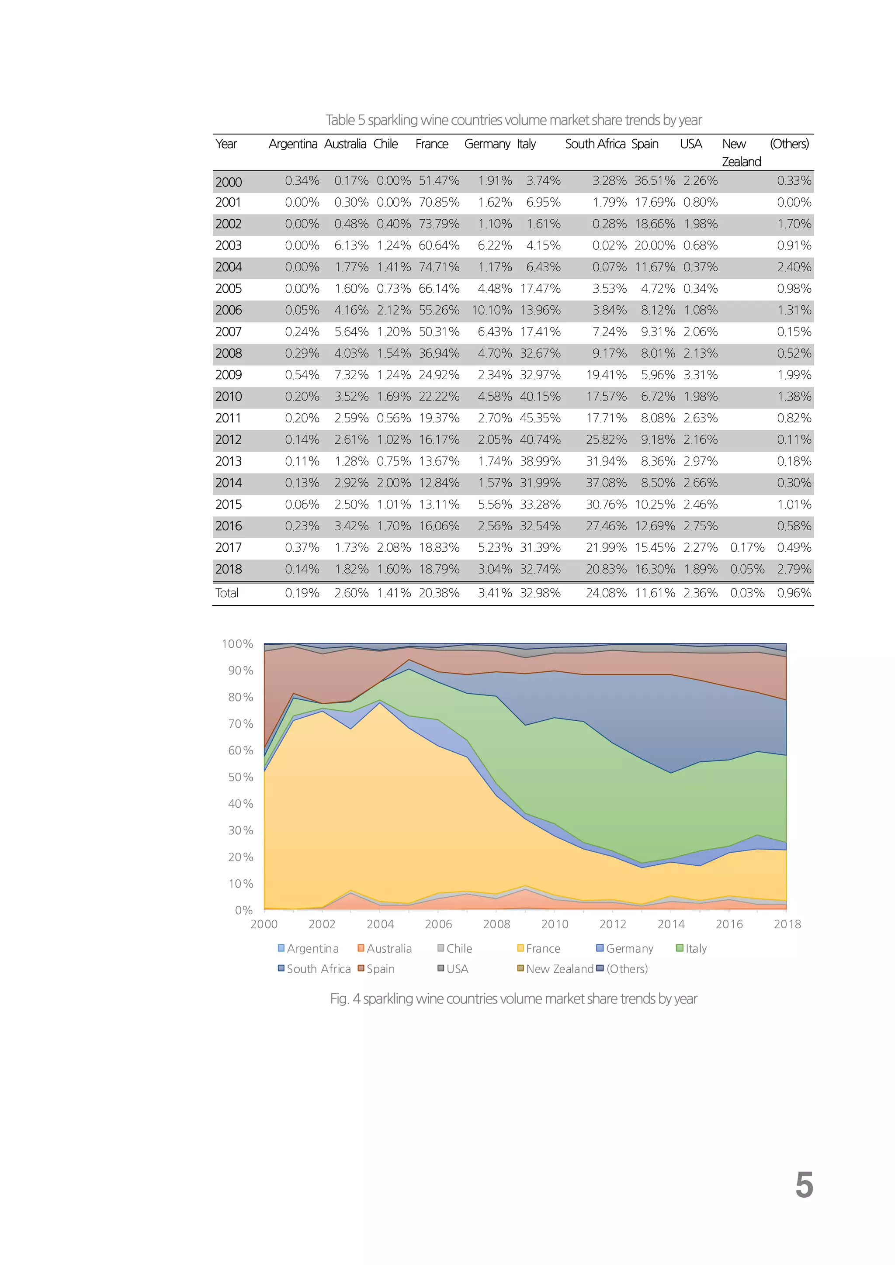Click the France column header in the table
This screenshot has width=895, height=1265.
tap(431, 144)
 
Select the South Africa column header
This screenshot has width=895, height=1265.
tap(595, 144)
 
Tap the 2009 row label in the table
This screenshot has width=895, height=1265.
tap(228, 375)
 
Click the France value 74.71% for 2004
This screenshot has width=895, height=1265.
tap(439, 267)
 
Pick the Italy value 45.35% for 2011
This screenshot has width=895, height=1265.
tap(540, 418)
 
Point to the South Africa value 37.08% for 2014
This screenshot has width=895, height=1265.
tap(606, 483)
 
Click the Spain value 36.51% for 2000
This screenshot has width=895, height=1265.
tap(654, 181)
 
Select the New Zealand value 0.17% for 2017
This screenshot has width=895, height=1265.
tap(747, 548)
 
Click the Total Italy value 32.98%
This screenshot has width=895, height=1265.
tap(540, 593)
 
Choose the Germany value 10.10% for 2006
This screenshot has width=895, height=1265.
tap(492, 310)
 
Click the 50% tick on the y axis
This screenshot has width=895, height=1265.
tap(240, 778)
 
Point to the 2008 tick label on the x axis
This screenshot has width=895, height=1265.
tap(496, 925)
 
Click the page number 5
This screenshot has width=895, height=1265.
tap(804, 1186)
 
